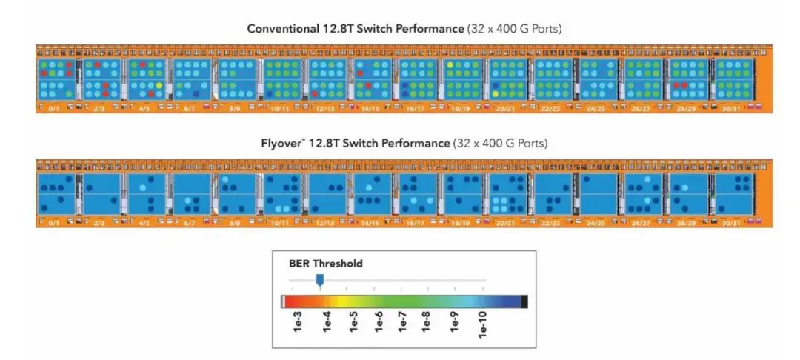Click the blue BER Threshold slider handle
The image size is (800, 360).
[320, 279]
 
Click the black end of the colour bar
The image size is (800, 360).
[524, 301]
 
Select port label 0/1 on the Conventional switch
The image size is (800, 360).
[53, 107]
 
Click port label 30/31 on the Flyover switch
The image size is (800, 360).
[731, 222]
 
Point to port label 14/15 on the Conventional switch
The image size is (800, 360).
[370, 107]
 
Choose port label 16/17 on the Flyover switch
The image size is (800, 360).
[415, 222]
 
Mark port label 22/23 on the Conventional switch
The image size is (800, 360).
[550, 107]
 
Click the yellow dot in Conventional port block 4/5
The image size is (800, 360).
[157, 85]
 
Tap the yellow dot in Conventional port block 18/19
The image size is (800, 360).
[449, 65]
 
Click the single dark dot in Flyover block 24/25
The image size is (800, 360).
[587, 179]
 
